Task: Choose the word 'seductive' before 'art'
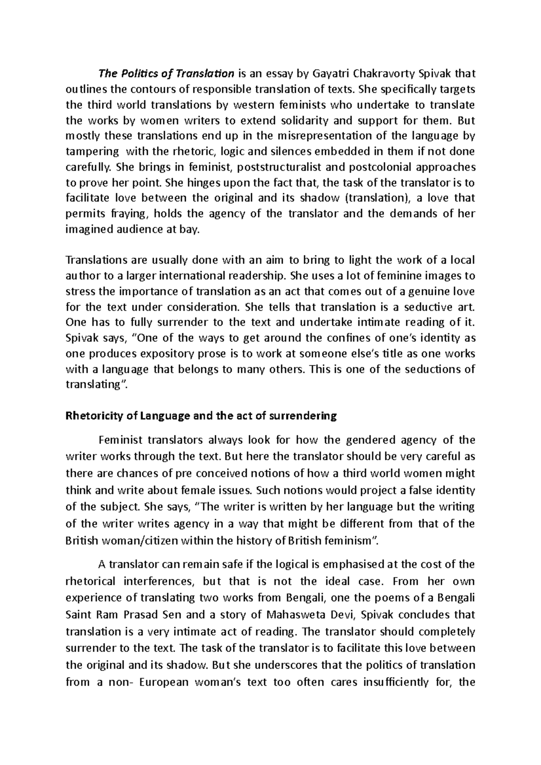(x=422, y=307)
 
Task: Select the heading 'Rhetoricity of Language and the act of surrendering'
(x=201, y=416)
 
